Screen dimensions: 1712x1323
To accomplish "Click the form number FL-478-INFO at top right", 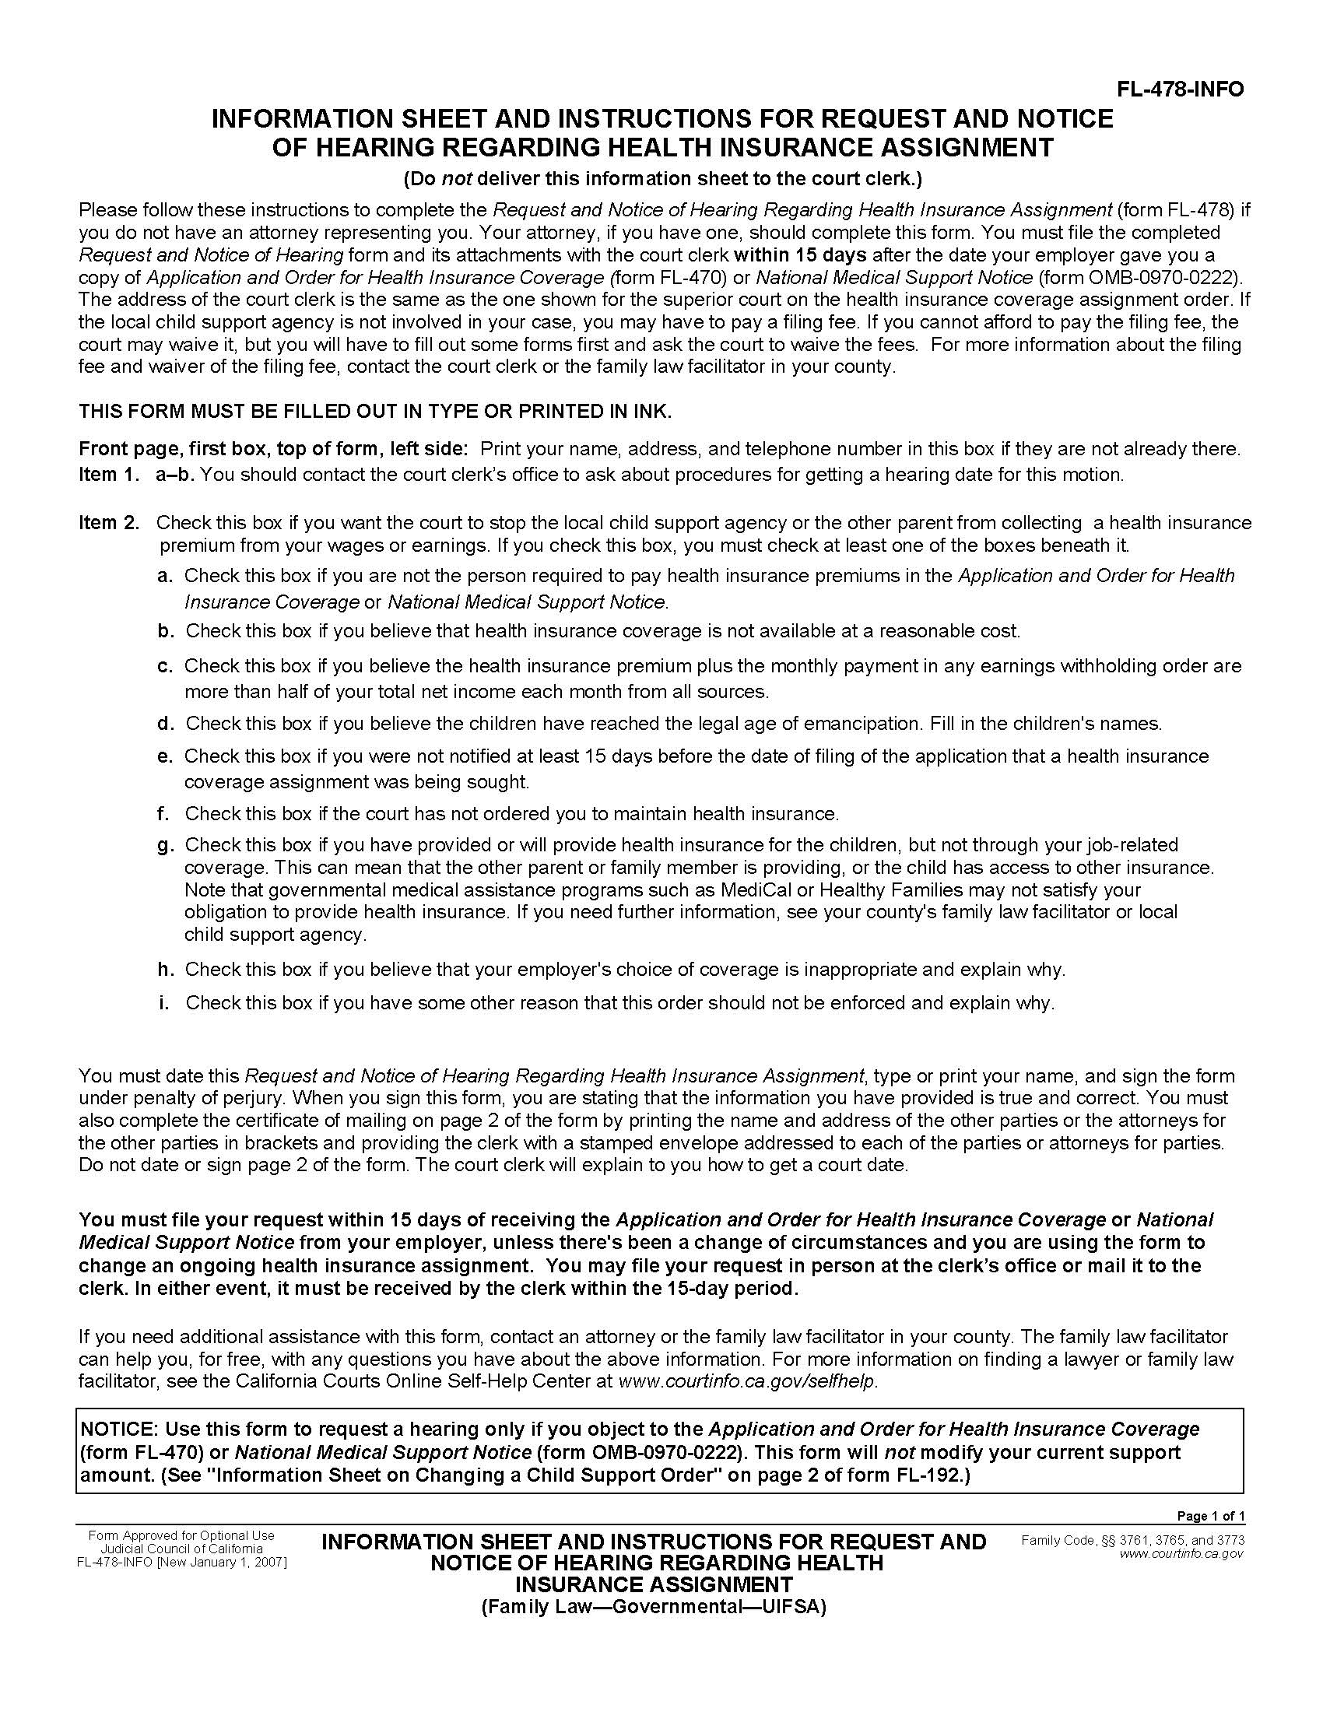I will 1180,89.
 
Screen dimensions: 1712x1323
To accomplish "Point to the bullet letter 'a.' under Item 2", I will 164,576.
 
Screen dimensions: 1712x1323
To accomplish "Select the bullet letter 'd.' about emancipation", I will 164,724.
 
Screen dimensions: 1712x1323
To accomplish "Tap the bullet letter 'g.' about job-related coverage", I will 164,845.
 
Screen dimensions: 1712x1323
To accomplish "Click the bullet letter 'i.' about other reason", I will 163,1003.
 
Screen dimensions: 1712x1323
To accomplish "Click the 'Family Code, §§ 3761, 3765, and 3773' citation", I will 1132,1541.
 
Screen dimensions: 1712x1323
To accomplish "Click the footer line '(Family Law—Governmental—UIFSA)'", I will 654,1607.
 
